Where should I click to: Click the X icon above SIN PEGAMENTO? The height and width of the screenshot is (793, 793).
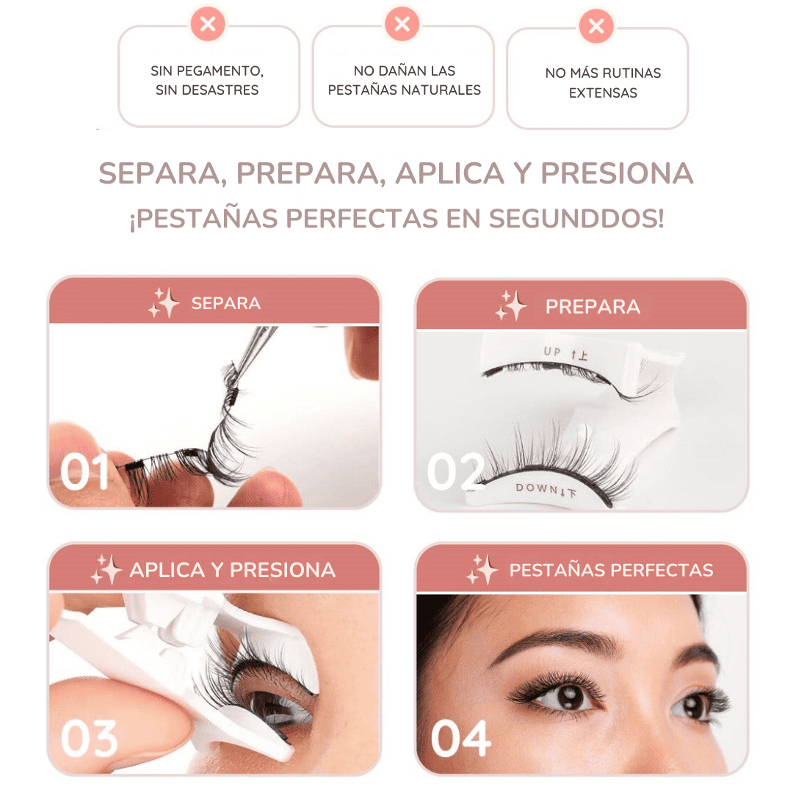tap(208, 23)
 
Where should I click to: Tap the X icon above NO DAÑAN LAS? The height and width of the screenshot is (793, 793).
tap(402, 23)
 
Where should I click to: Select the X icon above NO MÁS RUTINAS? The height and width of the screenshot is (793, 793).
tap(596, 26)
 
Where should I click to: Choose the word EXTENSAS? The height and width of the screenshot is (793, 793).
tap(603, 93)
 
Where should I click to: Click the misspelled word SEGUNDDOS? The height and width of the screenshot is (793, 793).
tap(576, 219)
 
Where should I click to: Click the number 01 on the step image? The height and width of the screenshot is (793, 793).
tap(84, 471)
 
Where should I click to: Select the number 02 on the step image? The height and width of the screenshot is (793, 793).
tap(456, 471)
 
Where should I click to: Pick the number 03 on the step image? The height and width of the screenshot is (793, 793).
tap(90, 739)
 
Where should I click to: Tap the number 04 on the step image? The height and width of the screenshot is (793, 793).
tap(460, 739)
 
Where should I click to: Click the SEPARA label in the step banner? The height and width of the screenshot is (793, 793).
tap(226, 303)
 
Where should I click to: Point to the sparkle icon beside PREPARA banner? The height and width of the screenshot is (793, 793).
tap(511, 306)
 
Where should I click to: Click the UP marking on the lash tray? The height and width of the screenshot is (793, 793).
tap(552, 351)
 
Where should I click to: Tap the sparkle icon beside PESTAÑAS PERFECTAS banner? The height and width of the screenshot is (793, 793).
tap(482, 570)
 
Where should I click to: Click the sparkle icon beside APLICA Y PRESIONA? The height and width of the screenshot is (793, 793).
tap(106, 570)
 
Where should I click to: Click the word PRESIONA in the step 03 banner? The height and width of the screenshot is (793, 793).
tap(283, 570)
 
